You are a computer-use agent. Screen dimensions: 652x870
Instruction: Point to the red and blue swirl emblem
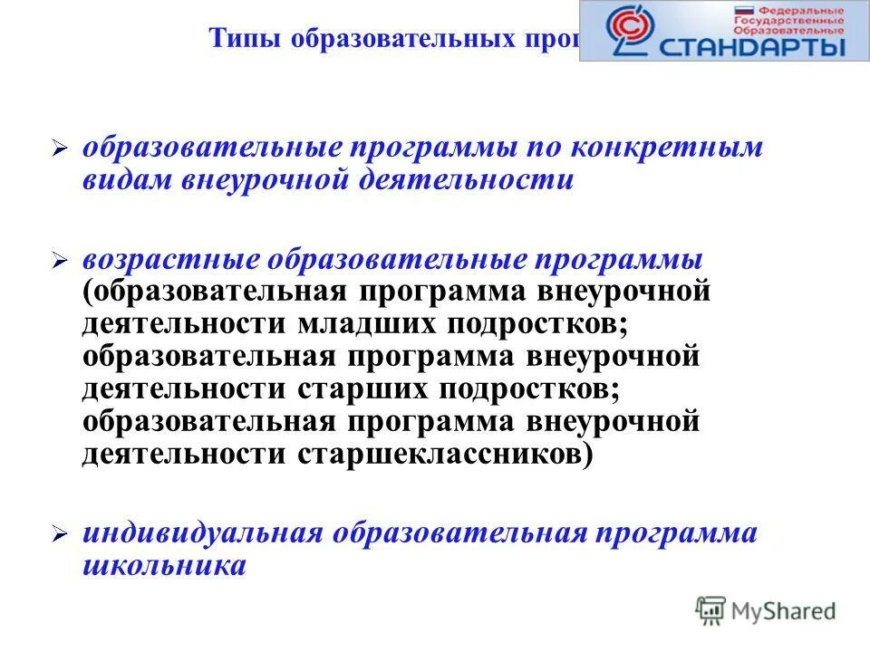coord(624,30)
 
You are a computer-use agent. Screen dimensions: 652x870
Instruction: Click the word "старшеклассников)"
coord(445,453)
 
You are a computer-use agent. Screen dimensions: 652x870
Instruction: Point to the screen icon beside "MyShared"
coord(711,610)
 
